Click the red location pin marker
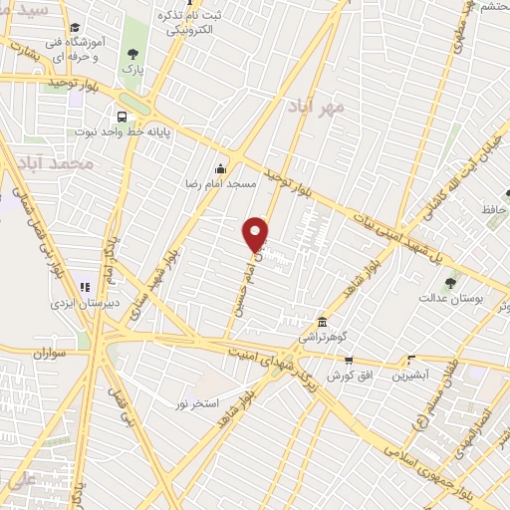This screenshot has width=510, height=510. tap(256, 232)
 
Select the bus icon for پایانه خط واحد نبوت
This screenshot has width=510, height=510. tap(122, 116)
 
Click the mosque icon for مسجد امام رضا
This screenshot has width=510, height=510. tap(220, 168)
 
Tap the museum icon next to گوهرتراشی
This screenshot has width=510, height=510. tap(322, 323)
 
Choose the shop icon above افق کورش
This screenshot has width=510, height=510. tap(348, 360)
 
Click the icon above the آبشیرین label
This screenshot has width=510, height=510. tap(409, 361)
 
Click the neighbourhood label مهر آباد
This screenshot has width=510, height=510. tap(318, 106)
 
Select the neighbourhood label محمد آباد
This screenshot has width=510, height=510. tap(60, 162)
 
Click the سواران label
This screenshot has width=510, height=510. tap(48, 352)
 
